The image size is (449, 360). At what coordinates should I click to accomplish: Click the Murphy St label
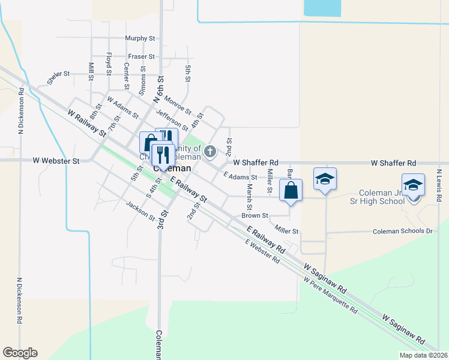(140, 38)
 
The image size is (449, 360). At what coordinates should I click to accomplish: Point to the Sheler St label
(59, 79)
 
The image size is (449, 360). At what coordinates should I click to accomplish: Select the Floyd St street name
(109, 64)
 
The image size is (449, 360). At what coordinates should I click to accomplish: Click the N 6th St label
(160, 88)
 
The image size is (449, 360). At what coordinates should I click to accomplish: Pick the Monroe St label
(177, 106)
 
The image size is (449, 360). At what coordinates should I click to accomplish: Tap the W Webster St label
(56, 161)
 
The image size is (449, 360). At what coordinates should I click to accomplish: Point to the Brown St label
(255, 215)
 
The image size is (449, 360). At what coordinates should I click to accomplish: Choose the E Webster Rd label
(262, 253)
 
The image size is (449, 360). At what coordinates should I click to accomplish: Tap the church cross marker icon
(209, 151)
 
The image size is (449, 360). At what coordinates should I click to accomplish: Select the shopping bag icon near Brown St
(291, 190)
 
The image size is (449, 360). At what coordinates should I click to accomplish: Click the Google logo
(20, 353)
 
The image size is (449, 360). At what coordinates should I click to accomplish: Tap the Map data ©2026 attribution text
(423, 355)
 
